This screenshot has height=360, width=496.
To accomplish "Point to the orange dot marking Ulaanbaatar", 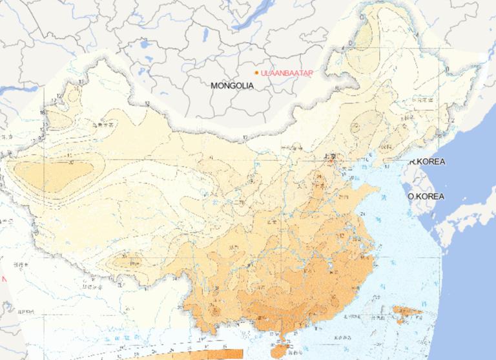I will point(256,72).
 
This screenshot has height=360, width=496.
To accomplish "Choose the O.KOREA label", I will point(426,196).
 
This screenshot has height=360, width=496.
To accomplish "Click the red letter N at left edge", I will point(3,279).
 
